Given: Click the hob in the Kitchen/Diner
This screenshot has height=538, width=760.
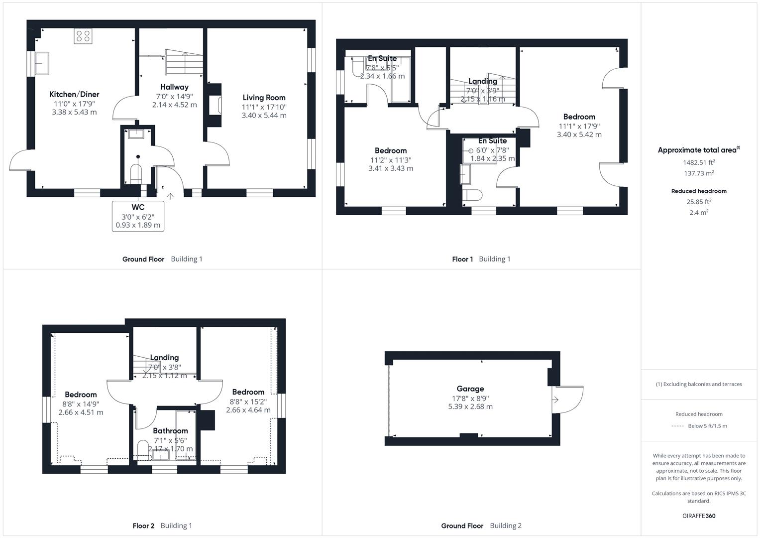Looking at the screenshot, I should tap(83, 36).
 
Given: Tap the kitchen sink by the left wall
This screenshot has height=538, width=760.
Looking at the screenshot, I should tap(41, 63).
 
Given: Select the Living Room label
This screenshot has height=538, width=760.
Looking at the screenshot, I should tap(264, 98).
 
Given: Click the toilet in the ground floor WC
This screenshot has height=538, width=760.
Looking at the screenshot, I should tap(136, 173).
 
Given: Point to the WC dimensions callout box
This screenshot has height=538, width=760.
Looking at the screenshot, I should tap(138, 216).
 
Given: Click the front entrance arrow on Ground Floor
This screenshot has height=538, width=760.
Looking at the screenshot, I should tap(170, 196).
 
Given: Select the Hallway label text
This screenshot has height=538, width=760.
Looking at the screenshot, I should tap(174, 87).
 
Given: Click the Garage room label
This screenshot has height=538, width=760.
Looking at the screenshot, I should tap(470, 389).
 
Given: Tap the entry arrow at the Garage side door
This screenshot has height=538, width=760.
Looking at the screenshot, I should tap(555, 400).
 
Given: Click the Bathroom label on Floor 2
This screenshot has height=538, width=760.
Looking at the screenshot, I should tap(170, 431).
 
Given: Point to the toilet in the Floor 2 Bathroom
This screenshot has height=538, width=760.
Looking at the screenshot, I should tap(143, 448).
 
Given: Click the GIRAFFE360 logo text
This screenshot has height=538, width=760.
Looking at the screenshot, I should tap(699, 516).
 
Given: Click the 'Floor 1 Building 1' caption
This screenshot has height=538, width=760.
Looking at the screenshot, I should tap(481, 259).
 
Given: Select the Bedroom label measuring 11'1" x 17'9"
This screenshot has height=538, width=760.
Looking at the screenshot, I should tap(579, 117).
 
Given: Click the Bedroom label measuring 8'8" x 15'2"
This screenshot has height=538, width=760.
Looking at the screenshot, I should tap(248, 392).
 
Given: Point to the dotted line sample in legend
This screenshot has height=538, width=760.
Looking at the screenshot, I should tap(677, 426).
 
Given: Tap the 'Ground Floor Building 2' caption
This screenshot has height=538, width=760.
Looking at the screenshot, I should tap(481, 526).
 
